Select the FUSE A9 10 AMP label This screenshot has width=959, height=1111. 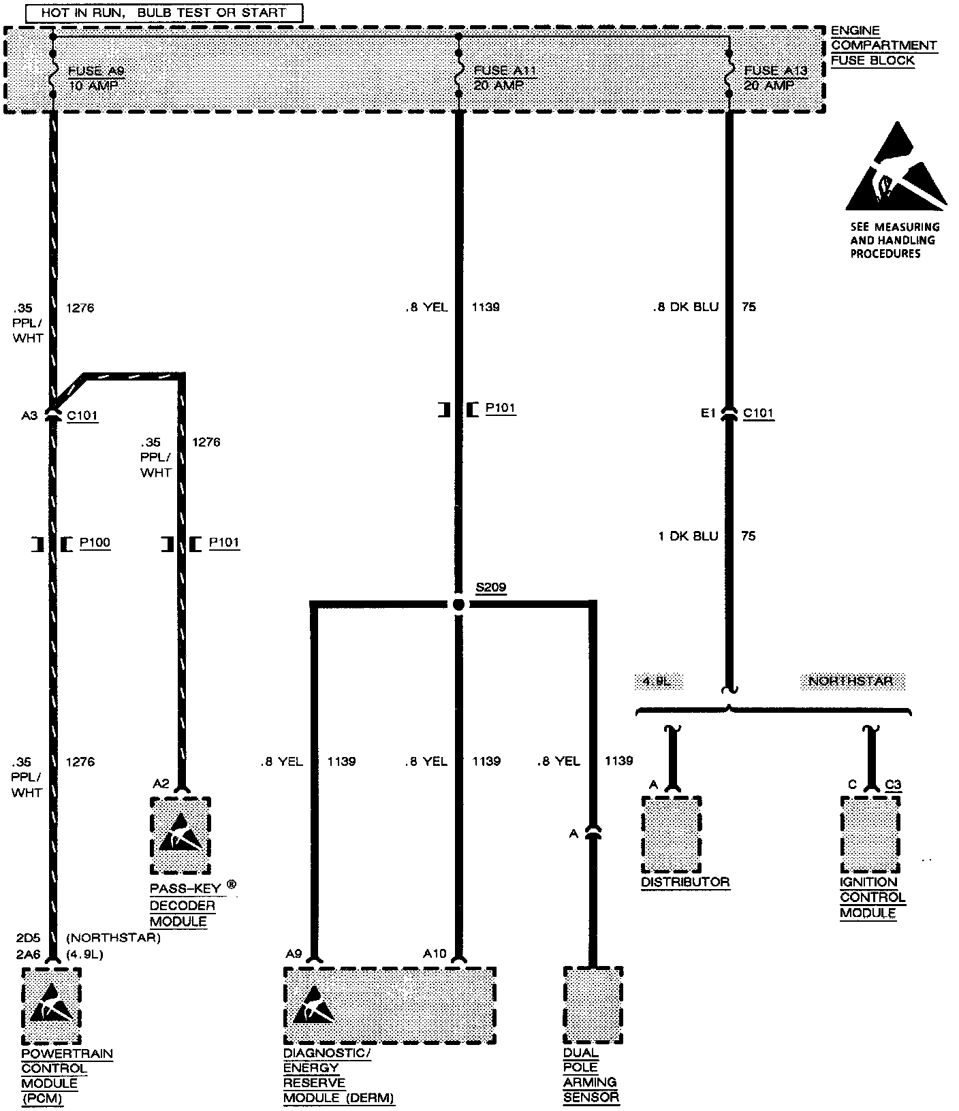96,78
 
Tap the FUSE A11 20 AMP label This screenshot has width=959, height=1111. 500,78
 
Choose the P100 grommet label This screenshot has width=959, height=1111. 95,543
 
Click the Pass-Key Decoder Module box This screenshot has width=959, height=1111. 180,836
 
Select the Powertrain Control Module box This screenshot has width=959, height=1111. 51,1006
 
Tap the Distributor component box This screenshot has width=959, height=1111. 672,835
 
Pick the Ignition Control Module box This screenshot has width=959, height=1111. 870,835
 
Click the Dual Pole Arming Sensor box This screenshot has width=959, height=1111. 593,1005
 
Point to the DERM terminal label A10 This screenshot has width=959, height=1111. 435,954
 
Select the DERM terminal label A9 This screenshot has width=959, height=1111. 294,954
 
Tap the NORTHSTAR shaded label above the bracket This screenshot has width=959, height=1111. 851,681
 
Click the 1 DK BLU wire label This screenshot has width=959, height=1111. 688,536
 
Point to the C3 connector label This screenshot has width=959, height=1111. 893,785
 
